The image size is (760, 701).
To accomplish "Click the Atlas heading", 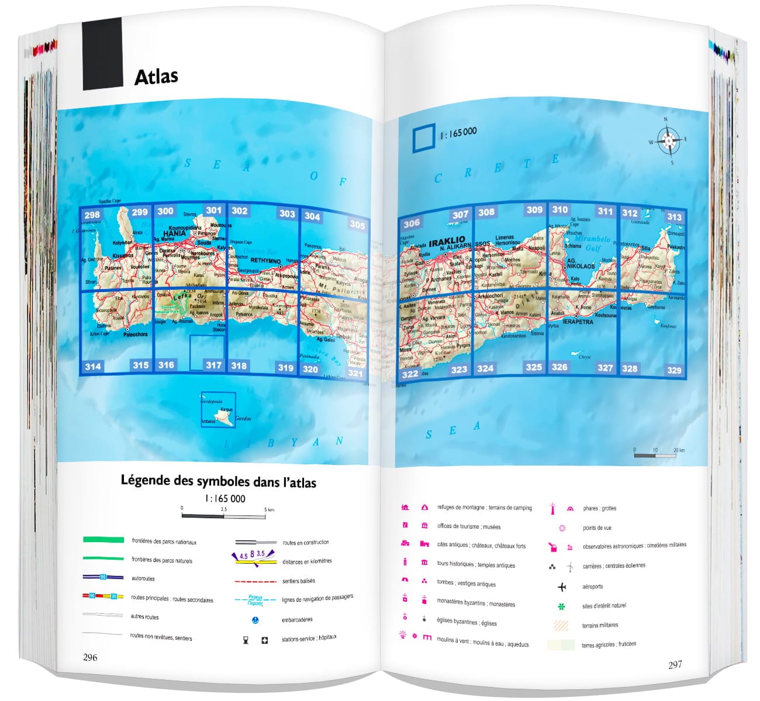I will [x=156, y=77].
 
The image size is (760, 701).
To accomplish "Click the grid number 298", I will [x=92, y=214].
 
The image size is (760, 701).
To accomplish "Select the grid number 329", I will [x=674, y=370].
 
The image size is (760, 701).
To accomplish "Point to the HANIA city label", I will [x=174, y=233].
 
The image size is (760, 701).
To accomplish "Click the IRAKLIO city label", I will [x=447, y=240].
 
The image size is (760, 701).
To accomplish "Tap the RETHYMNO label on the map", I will [x=265, y=261].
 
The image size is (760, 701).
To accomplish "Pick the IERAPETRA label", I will [x=578, y=321].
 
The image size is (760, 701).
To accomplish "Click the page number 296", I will [x=90, y=657].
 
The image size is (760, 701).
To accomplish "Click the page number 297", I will [x=675, y=664].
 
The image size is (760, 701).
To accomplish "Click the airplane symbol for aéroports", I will [x=562, y=587].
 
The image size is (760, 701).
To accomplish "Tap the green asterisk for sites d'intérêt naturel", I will [x=562, y=606].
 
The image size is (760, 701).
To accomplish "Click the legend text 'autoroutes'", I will [x=143, y=578].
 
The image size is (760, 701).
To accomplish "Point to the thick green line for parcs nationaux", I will [x=103, y=540].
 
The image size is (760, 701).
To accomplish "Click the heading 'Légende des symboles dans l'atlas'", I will [x=218, y=481].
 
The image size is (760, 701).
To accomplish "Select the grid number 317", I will [x=213, y=365].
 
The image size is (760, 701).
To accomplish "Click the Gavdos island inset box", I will [x=219, y=410].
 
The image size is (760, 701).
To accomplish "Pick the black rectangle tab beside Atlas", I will [x=102, y=54].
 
